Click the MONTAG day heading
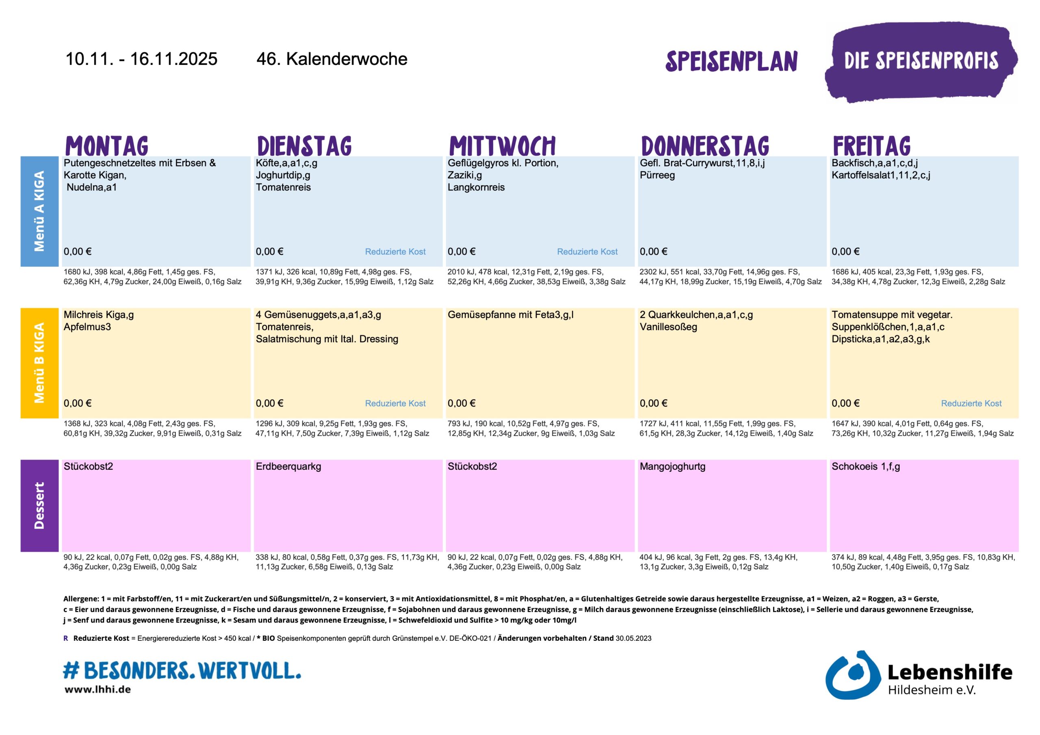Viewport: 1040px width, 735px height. click(107, 146)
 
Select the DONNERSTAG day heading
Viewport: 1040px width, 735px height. click(705, 146)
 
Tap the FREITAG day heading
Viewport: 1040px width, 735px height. click(871, 146)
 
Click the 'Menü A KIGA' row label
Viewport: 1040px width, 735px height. click(39, 211)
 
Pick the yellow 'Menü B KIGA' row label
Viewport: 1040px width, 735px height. click(39, 363)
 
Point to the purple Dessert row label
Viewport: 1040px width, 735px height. click(39, 506)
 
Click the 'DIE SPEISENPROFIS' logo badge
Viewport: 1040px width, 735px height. click(921, 61)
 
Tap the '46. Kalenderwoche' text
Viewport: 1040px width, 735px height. click(331, 59)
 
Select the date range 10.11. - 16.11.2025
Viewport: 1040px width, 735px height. click(141, 59)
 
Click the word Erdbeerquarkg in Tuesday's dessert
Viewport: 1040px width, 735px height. click(288, 467)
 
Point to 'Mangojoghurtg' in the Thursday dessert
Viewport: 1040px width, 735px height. click(672, 467)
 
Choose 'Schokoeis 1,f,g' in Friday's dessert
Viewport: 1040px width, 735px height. click(865, 467)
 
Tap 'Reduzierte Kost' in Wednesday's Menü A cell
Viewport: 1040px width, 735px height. click(587, 252)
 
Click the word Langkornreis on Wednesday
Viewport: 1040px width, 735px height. click(476, 188)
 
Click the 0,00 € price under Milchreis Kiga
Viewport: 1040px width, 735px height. click(78, 404)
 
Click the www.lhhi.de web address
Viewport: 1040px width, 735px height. click(97, 690)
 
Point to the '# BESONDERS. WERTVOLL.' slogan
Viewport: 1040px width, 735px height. click(182, 670)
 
